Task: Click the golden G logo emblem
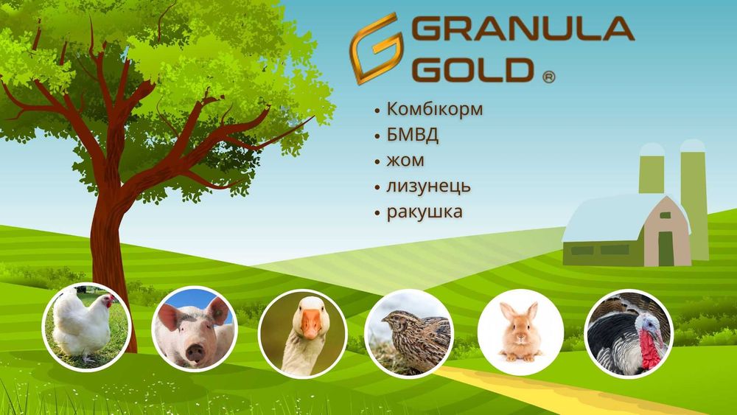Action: click(376, 49)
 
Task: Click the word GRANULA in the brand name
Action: click(523, 29)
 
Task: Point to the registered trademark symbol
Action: click(548, 77)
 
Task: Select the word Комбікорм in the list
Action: click(434, 109)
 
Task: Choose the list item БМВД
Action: click(412, 135)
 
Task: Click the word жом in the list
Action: click(405, 161)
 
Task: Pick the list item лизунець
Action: click(428, 186)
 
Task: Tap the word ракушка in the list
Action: click(425, 212)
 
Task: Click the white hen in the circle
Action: click(83, 324)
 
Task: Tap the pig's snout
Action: click(195, 351)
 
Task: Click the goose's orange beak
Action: click(310, 324)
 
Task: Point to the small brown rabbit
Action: click(520, 334)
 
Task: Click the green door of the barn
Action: click(666, 248)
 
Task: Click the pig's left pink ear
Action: click(168, 316)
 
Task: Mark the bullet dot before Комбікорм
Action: click(377, 111)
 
